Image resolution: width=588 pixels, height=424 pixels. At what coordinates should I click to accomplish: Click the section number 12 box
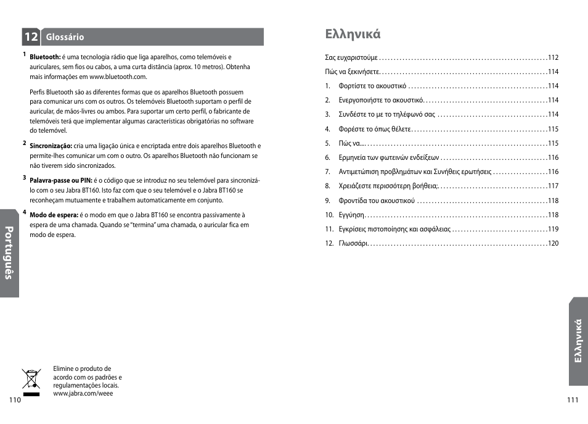[31, 37]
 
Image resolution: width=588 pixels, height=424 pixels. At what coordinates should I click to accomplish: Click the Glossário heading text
[65, 38]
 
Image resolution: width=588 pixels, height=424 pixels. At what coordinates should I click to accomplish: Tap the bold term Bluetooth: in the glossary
[46, 57]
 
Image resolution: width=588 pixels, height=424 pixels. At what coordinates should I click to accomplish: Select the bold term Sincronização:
[51, 146]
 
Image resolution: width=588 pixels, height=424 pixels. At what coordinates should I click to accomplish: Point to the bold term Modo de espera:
[54, 215]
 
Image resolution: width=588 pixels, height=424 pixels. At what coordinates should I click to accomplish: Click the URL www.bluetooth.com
[118, 77]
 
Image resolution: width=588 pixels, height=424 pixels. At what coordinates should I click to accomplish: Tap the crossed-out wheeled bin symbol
[31, 381]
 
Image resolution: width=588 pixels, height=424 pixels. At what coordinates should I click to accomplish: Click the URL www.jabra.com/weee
[83, 393]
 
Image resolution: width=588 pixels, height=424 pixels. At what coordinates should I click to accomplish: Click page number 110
[15, 400]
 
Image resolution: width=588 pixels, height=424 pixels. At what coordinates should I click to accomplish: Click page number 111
[573, 400]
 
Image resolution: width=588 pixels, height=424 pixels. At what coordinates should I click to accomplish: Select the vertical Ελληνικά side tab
[578, 341]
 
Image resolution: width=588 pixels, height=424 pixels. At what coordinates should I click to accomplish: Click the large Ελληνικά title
[353, 34]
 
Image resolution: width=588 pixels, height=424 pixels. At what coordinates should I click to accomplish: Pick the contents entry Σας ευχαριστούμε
[351, 57]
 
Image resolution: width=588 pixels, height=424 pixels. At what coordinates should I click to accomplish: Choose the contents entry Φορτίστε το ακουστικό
[372, 86]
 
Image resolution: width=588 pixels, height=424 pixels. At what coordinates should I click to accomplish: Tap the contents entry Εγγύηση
[352, 215]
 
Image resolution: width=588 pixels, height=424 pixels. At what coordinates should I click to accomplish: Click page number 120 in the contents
[553, 243]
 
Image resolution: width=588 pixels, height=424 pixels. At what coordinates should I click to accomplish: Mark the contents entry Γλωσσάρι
[353, 243]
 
